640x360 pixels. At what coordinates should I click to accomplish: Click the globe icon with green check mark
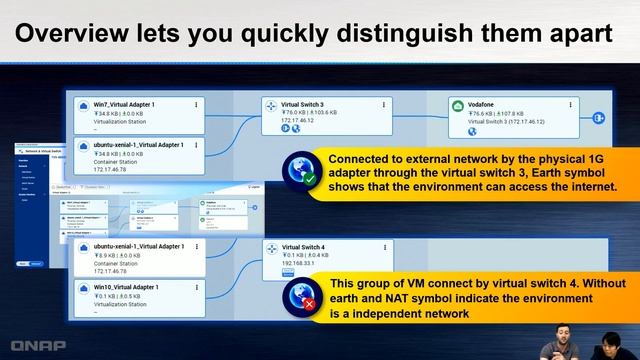[x=299, y=172]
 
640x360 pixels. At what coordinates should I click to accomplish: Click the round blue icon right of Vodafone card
[x=600, y=118]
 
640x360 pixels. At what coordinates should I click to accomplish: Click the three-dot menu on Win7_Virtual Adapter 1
[x=197, y=104]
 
